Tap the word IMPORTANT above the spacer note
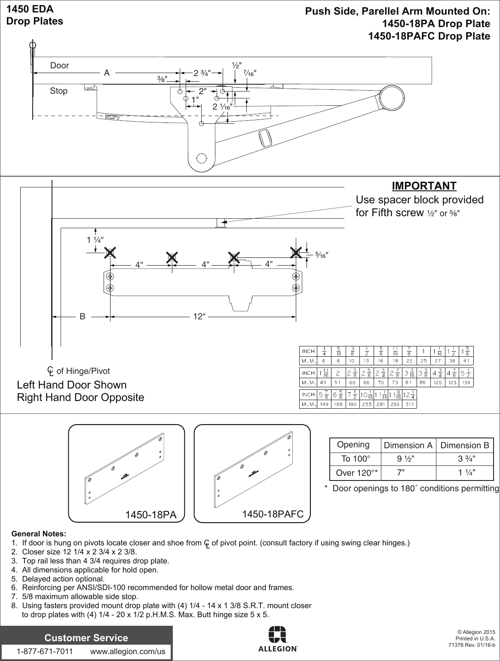[x=424, y=186]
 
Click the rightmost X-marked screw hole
[x=296, y=252]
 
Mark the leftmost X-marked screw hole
[x=110, y=253]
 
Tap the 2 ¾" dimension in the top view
[x=202, y=73]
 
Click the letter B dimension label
[x=82, y=317]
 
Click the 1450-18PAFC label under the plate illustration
[x=273, y=514]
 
